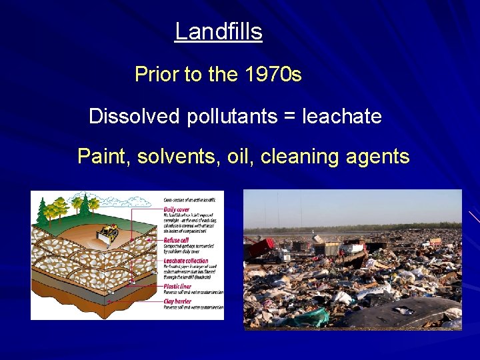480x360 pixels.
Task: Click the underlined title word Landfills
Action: [218, 31]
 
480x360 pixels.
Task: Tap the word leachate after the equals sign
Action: [342, 117]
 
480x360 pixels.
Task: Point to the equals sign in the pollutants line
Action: [289, 117]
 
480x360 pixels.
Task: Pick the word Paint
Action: [105, 157]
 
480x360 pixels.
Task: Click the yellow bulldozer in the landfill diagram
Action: [107, 231]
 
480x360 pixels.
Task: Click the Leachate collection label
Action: [187, 261]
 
